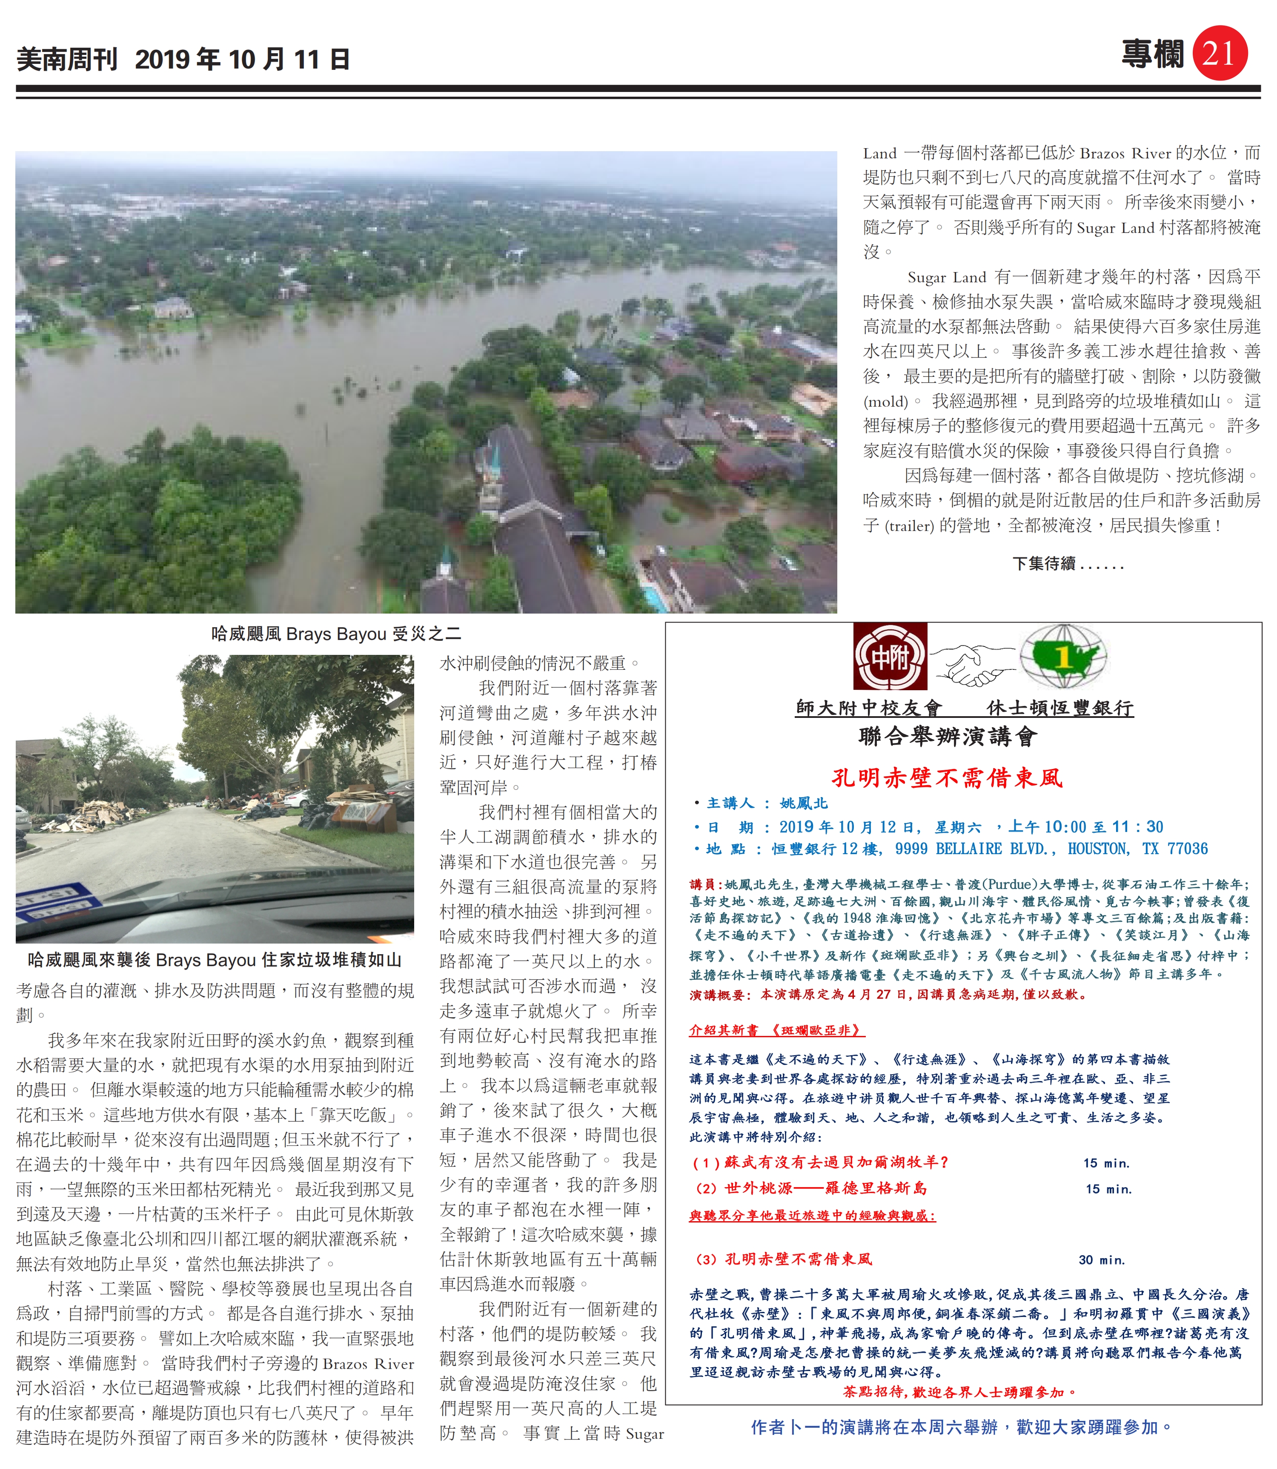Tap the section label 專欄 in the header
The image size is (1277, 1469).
pos(1152,54)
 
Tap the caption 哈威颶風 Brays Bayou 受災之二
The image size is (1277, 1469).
pos(336,634)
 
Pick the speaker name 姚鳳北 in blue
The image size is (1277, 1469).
pos(804,803)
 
